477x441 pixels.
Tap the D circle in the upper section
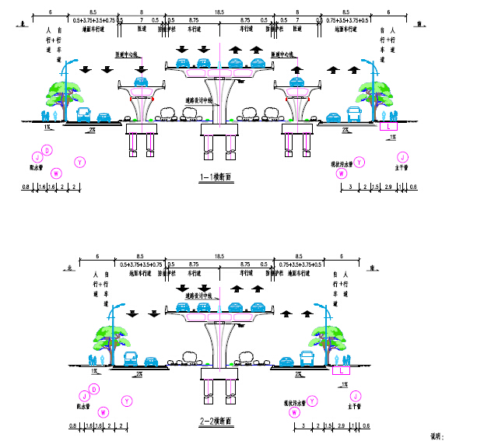[47, 150]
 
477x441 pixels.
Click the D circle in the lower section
[93, 389]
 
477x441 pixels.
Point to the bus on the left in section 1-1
[82, 116]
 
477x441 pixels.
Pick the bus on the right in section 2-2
[307, 359]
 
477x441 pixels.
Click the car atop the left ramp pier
[141, 81]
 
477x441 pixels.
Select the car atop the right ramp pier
[296, 81]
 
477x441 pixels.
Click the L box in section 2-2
[343, 370]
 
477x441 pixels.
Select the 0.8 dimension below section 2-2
[72, 425]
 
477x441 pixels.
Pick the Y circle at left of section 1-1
[80, 162]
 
